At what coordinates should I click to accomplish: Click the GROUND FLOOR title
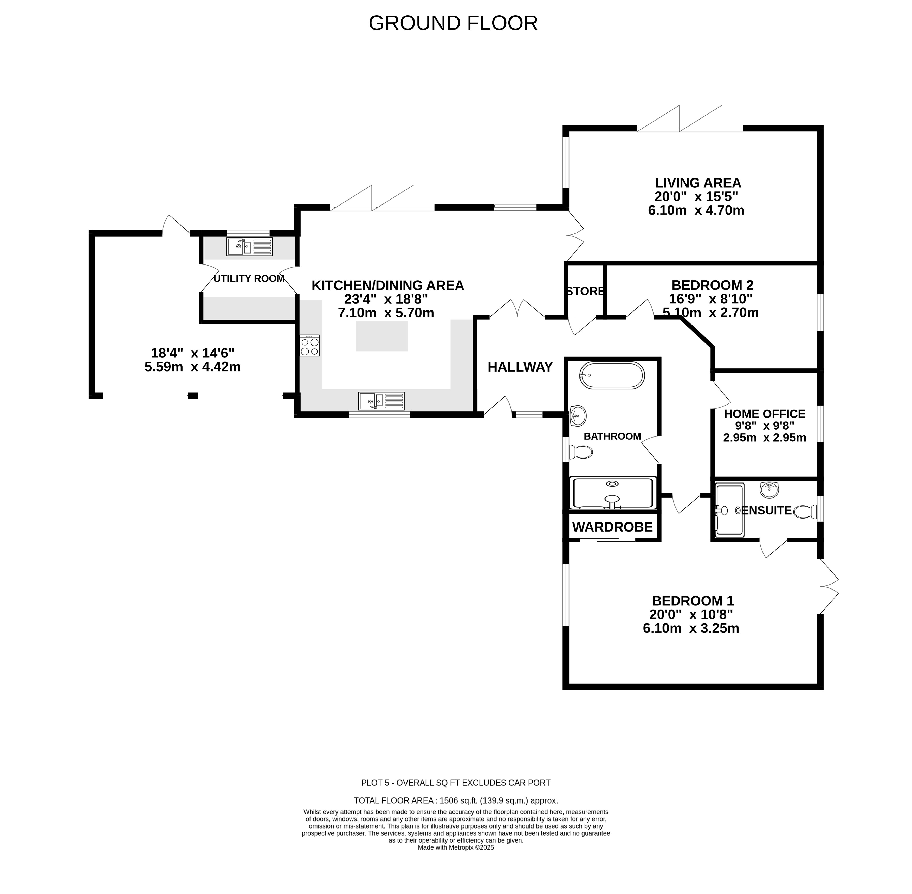453,23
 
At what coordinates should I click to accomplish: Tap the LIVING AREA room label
698,183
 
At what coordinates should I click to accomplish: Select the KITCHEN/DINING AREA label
388,286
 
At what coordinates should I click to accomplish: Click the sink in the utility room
249,247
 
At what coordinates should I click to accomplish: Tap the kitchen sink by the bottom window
381,401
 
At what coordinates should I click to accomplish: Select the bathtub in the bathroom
611,375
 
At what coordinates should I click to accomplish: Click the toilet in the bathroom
581,452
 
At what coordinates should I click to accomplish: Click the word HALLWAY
520,367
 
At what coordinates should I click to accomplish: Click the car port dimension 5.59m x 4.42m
193,367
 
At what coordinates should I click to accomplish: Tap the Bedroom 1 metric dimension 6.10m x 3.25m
691,628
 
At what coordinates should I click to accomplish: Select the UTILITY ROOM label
249,279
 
